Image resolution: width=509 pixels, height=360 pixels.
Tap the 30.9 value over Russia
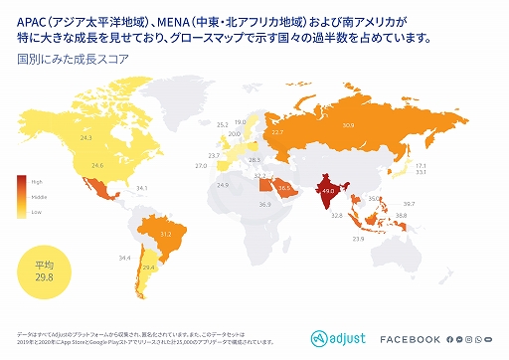[348, 126]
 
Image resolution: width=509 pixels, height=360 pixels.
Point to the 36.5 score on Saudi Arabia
[284, 188]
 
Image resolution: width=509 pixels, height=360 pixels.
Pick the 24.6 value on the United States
[97, 165]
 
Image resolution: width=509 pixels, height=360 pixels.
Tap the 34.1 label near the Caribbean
[142, 188]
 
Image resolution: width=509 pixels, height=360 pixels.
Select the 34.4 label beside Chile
[124, 259]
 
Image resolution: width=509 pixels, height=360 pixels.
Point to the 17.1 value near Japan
[421, 165]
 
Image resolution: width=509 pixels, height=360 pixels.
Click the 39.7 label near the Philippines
[409, 204]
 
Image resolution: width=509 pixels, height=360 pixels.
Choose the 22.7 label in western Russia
[278, 131]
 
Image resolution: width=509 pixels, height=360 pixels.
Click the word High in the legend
[37, 181]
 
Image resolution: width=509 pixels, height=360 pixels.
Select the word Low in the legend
[37, 212]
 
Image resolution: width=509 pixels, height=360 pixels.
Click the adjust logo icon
[320, 338]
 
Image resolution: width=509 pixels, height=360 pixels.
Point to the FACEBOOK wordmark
[410, 339]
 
